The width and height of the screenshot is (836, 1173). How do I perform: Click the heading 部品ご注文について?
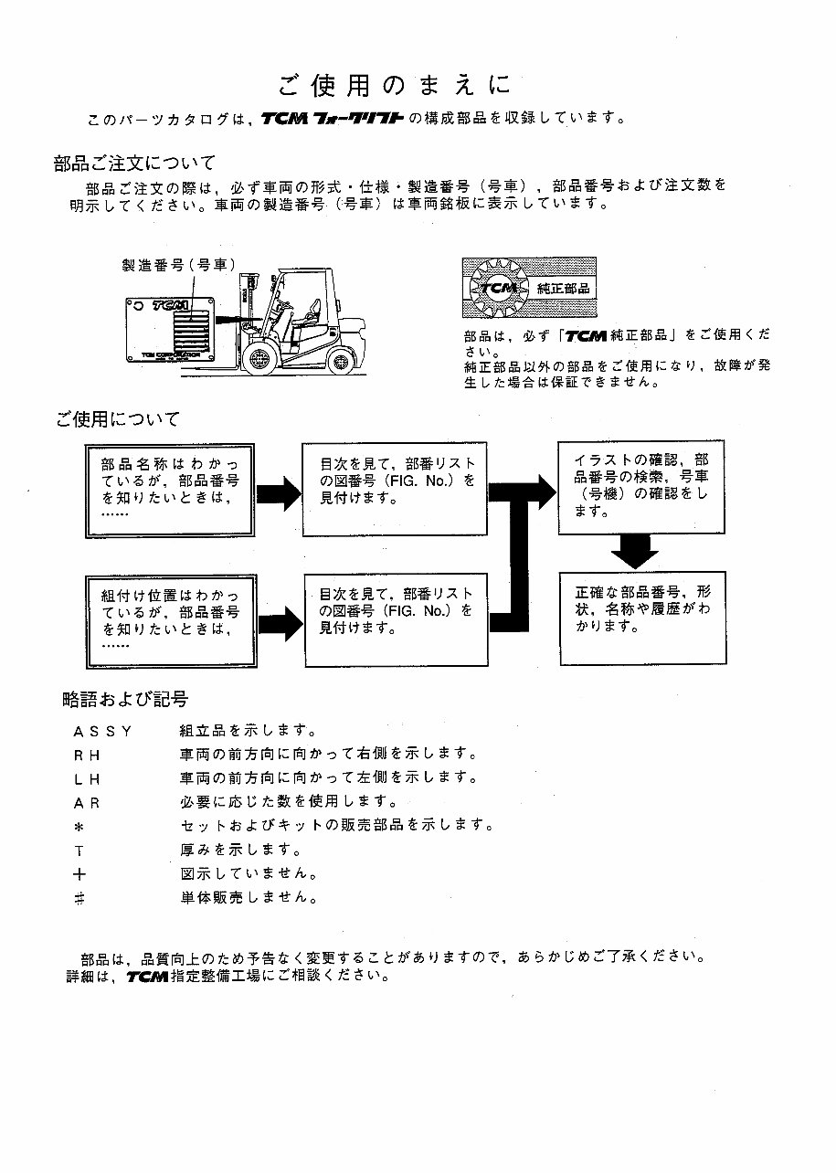[x=134, y=164]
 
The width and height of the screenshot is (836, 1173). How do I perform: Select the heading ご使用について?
[x=117, y=419]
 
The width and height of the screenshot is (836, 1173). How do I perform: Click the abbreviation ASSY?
[x=103, y=731]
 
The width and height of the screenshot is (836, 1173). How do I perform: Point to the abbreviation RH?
[x=87, y=755]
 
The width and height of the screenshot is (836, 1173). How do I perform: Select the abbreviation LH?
[x=87, y=779]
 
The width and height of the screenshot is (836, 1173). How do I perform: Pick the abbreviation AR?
[x=87, y=803]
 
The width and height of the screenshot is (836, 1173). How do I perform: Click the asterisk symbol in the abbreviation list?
[x=79, y=826]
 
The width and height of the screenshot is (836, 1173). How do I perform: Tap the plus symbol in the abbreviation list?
[x=79, y=873]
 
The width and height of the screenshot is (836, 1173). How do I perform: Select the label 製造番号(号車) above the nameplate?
[x=178, y=265]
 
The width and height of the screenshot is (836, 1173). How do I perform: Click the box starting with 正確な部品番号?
[x=642, y=617]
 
